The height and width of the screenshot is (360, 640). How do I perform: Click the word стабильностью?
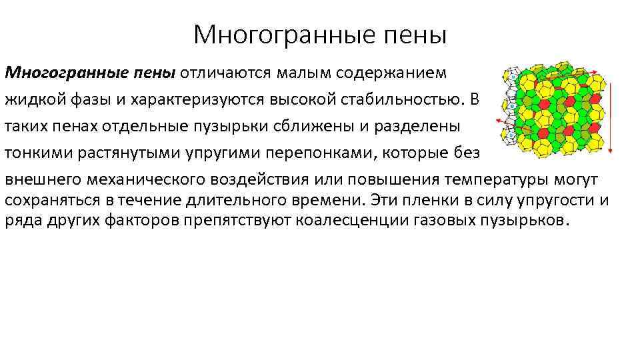[400, 101]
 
